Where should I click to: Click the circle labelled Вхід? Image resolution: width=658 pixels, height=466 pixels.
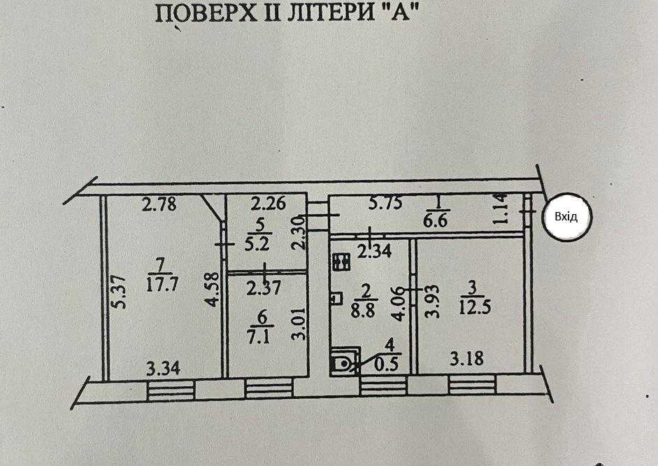coord(566,217)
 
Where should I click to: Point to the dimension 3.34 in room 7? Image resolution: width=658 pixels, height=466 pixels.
coord(162,367)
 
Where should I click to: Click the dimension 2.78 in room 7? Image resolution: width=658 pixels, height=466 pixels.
coord(157,206)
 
